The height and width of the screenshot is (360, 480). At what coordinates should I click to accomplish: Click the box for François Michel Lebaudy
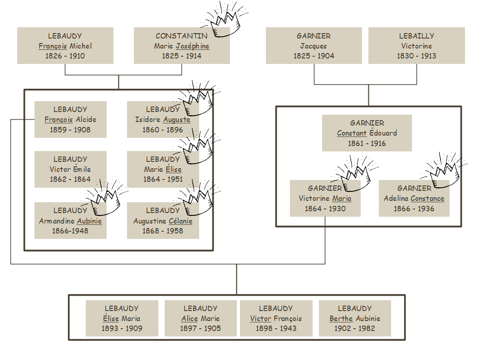[x=65, y=45]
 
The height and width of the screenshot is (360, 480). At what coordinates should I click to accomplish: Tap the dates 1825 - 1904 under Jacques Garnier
[x=313, y=56]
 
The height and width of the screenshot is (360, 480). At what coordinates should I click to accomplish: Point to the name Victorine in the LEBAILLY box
[x=416, y=46]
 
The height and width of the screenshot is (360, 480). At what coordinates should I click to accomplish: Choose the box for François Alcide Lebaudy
[x=70, y=119]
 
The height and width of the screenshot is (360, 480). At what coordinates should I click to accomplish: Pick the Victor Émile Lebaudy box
[x=70, y=169]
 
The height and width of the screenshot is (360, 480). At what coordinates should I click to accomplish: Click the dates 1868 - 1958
[x=162, y=231]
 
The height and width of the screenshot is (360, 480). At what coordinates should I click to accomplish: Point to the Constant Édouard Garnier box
[x=367, y=133]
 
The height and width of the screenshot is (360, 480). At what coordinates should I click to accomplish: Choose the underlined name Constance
[x=427, y=199]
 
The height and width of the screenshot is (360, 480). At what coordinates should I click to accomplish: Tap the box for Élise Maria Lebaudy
[x=122, y=318]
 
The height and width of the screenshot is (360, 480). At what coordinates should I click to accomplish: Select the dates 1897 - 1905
[x=201, y=328]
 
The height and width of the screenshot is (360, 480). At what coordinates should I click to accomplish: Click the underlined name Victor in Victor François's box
[x=260, y=318]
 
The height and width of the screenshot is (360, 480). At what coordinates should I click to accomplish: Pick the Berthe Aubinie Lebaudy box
[x=355, y=318]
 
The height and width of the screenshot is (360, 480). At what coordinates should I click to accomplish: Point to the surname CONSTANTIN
[x=181, y=36]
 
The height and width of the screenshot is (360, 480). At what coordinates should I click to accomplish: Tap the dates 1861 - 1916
[x=367, y=143]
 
